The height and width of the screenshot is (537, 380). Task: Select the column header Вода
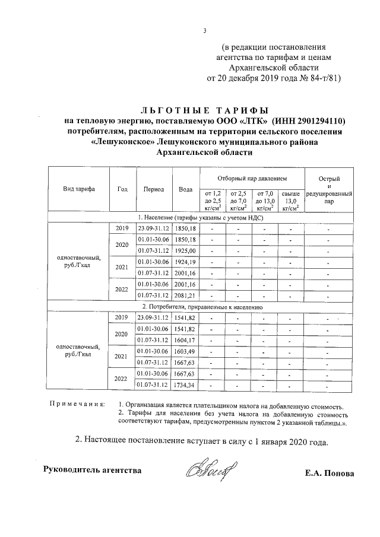tap(185, 189)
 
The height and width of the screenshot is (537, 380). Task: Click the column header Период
tap(154, 189)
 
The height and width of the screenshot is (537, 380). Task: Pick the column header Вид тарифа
tap(79, 189)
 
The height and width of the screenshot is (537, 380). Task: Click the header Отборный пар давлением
tap(252, 178)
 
